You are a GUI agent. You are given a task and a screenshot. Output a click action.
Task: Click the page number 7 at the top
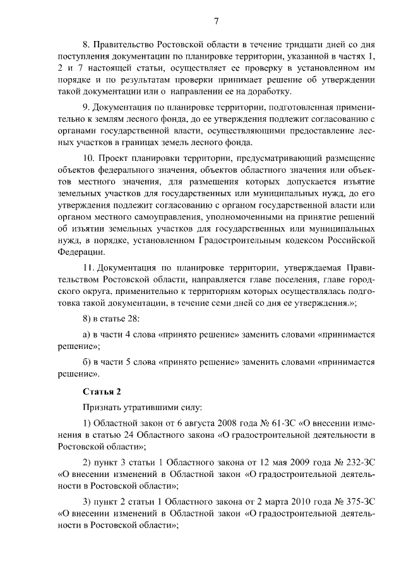[x=216, y=22]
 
